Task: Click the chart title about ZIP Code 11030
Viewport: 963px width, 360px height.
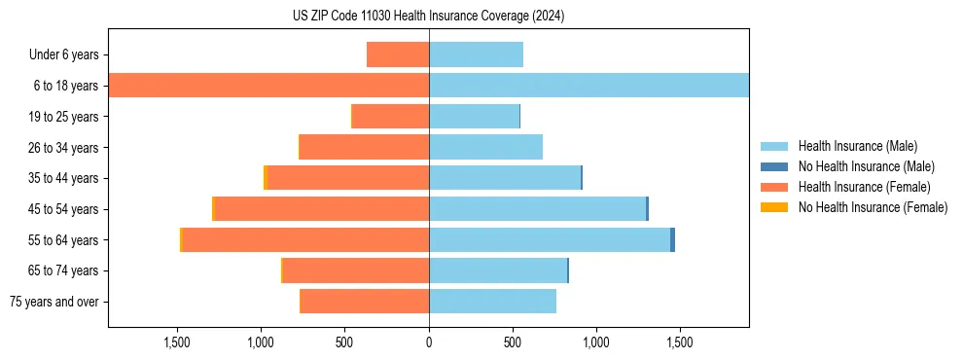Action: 428,16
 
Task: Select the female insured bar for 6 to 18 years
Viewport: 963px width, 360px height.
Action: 268,86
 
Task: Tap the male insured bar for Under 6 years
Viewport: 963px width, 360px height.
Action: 476,54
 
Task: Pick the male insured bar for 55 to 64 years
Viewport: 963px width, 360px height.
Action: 550,240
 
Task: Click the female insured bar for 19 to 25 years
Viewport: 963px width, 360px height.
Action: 390,117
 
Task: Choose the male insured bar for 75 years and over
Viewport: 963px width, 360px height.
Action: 492,302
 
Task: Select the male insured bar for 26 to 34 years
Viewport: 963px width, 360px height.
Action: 485,147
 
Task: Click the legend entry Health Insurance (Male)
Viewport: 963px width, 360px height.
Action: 856,146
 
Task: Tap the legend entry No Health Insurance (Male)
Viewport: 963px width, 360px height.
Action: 863,166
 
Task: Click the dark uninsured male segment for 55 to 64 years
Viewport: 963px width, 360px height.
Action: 672,240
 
